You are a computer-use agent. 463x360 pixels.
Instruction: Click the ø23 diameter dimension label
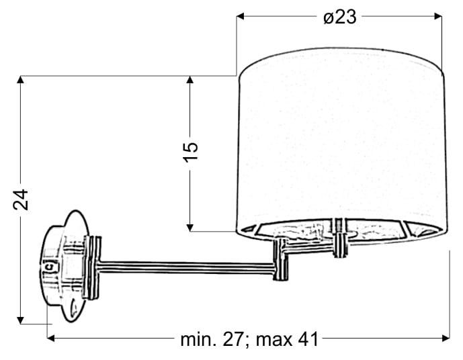tap(340, 17)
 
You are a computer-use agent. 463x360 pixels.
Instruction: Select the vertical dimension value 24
tap(21, 199)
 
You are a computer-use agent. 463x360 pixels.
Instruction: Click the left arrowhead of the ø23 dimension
tap(241, 16)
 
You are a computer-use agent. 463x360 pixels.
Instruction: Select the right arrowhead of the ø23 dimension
tap(438, 16)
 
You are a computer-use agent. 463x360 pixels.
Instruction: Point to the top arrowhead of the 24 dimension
tap(20, 80)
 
